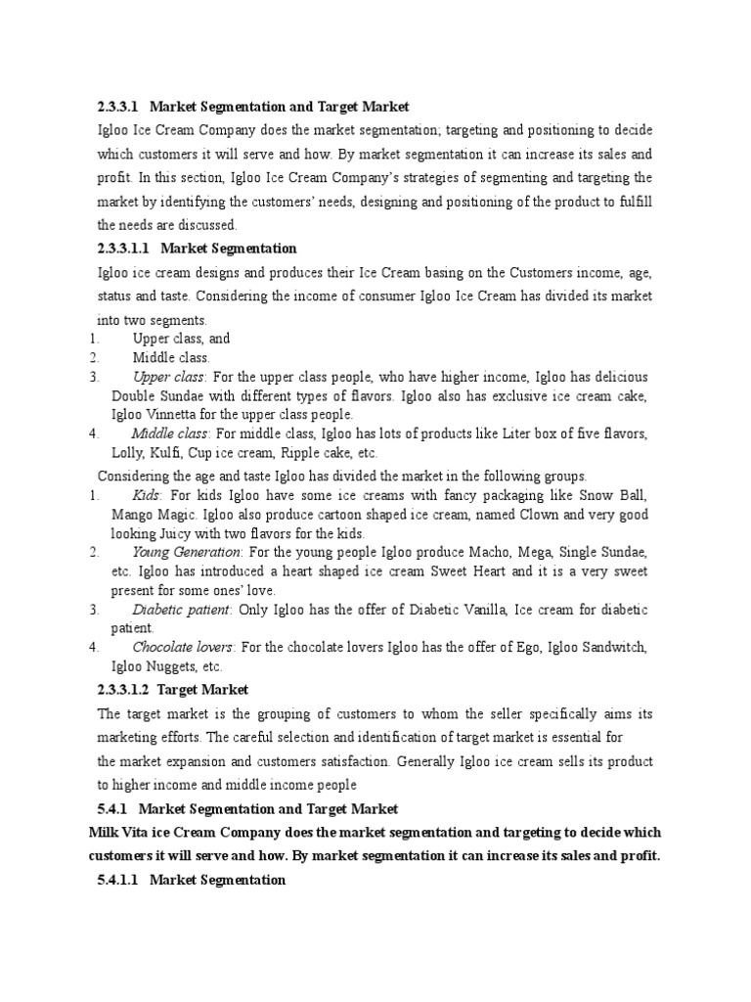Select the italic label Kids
pyautogui.click(x=146, y=495)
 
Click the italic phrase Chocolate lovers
pyautogui.click(x=183, y=648)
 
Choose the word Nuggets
pyautogui.click(x=174, y=666)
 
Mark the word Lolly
pyautogui.click(x=127, y=453)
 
